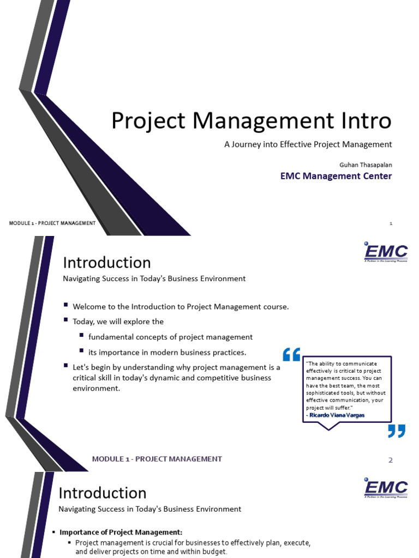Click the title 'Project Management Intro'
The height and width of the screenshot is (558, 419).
(x=251, y=121)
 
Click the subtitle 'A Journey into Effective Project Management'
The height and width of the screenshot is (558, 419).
(x=308, y=144)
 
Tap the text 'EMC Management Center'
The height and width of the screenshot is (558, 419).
(x=336, y=176)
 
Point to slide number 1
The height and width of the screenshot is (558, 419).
(x=391, y=223)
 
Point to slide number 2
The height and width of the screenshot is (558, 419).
(x=390, y=460)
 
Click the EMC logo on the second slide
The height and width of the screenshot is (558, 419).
(x=386, y=252)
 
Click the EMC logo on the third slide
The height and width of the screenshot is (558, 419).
(x=386, y=488)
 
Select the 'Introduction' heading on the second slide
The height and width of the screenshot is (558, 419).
(x=107, y=263)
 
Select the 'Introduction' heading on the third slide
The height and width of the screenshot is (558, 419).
(x=103, y=493)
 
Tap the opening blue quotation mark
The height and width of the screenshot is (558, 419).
(x=291, y=355)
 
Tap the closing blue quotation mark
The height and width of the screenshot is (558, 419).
(x=397, y=431)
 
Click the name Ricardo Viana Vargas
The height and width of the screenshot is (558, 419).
(x=336, y=415)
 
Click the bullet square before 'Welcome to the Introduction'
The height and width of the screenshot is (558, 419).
(x=66, y=306)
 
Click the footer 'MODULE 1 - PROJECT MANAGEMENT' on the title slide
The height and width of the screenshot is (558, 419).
(x=52, y=223)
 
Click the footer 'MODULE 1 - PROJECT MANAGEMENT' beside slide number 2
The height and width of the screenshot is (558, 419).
(x=157, y=459)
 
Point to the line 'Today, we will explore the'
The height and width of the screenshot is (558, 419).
(x=118, y=322)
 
